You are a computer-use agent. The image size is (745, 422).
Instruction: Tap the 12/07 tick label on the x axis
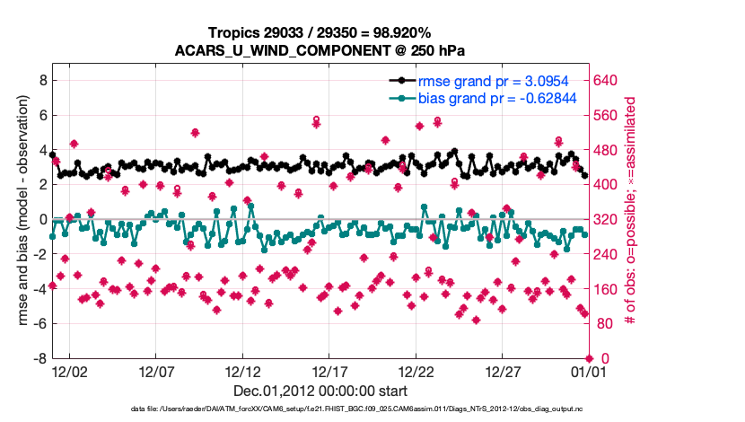(155, 371)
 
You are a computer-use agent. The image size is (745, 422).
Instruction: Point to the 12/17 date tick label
(329, 371)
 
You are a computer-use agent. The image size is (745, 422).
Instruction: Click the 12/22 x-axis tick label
(416, 371)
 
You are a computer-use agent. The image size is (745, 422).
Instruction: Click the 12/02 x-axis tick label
(69, 371)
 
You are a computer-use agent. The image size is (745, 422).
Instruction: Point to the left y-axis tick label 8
(41, 80)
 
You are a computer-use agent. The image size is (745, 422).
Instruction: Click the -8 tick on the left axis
(39, 358)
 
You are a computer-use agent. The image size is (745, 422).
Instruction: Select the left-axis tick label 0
(41, 219)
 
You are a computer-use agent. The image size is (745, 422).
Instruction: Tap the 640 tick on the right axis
(606, 80)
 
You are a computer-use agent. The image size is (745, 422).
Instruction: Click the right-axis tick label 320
(606, 219)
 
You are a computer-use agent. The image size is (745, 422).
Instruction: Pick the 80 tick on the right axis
(602, 323)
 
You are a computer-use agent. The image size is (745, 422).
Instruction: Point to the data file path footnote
(356, 409)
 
